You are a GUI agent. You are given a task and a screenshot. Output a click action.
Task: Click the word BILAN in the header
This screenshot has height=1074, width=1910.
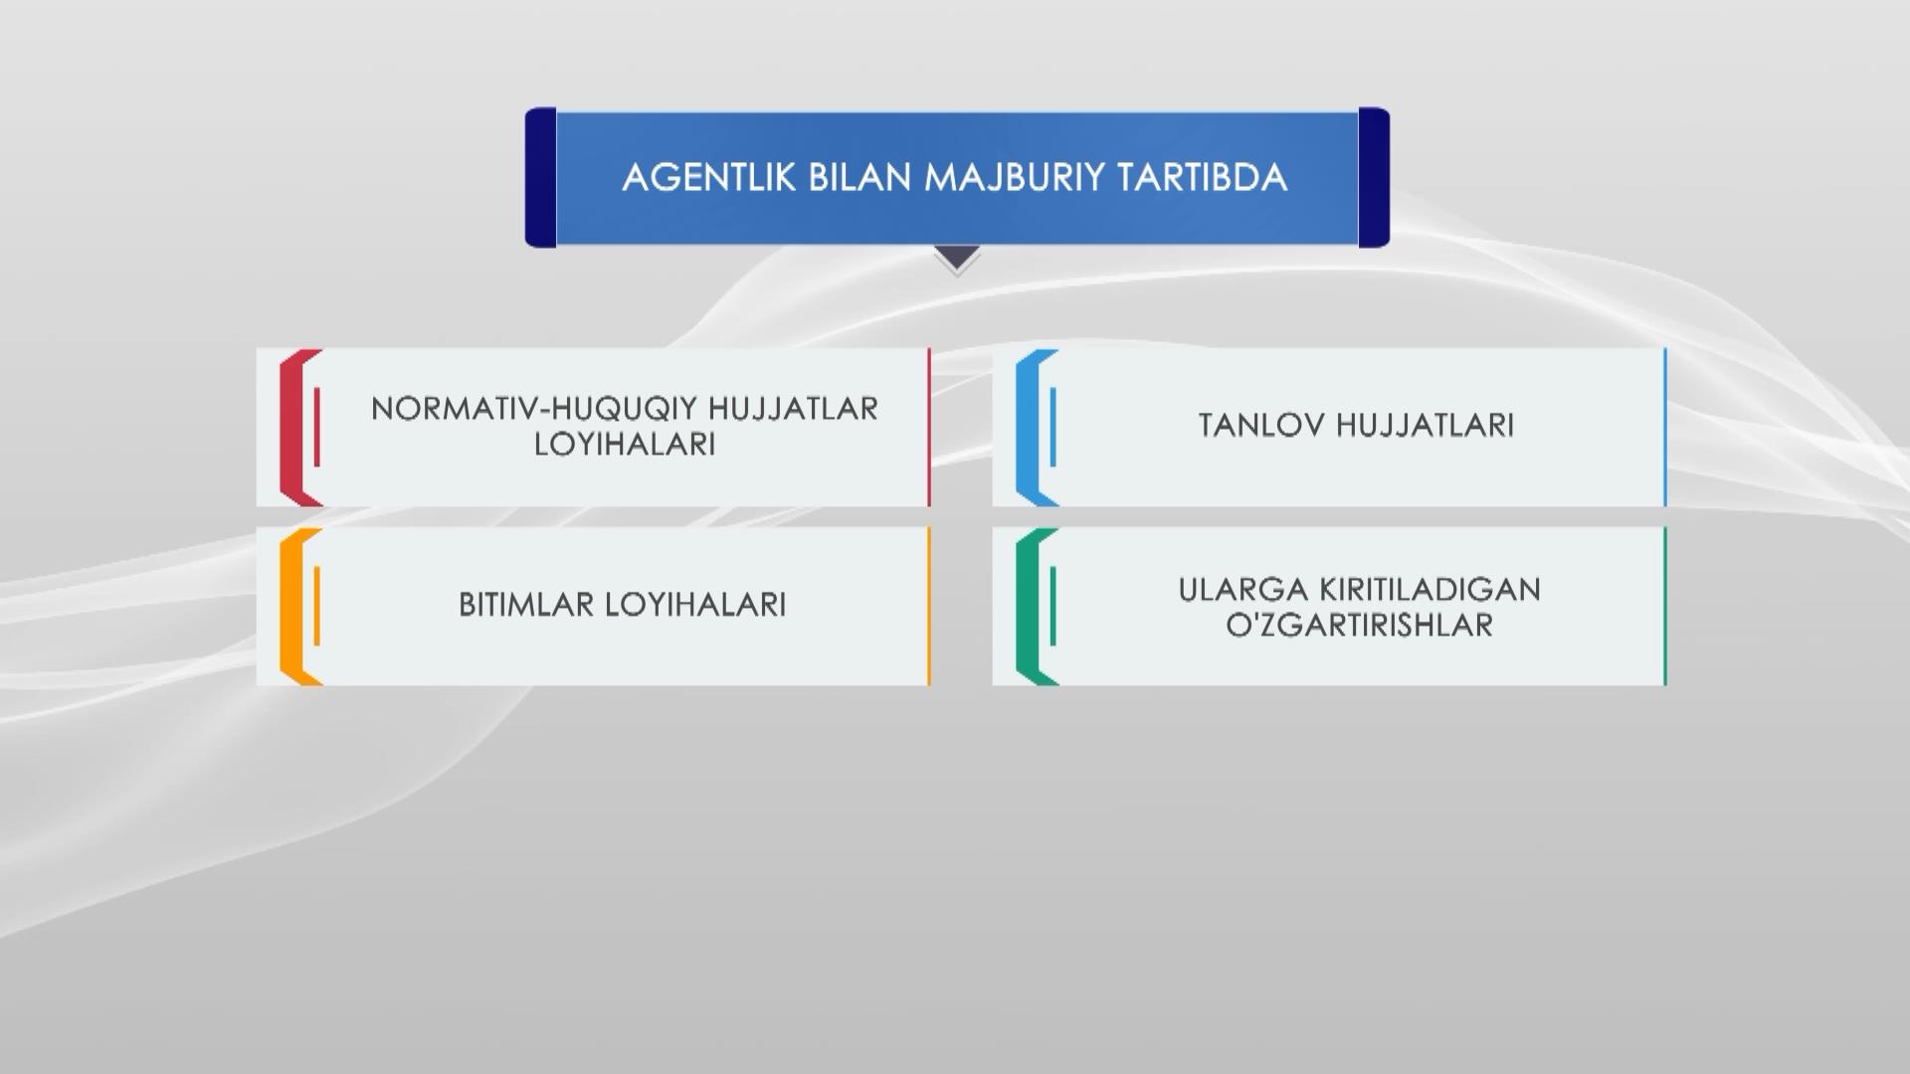coord(860,178)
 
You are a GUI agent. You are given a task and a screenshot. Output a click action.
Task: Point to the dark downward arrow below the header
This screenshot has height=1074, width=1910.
coord(957,259)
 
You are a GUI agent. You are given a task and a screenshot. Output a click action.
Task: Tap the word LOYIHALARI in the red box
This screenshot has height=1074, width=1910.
coord(625,445)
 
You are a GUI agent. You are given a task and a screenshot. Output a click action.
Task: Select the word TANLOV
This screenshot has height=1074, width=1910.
coord(1260,426)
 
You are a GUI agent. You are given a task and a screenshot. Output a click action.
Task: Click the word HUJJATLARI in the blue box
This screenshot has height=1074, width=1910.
coord(1425,426)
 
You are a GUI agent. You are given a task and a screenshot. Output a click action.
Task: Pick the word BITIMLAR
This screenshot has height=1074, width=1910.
coord(526,605)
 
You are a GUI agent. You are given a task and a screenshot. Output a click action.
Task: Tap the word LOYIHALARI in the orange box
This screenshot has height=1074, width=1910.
coord(696,605)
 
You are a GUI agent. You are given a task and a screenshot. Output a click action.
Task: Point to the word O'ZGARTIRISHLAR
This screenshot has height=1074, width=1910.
coord(1360,626)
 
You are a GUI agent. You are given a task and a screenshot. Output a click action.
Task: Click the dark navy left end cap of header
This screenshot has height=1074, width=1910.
coord(540,177)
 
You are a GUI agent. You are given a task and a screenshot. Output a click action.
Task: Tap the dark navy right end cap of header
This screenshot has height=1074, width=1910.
coord(1374,177)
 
